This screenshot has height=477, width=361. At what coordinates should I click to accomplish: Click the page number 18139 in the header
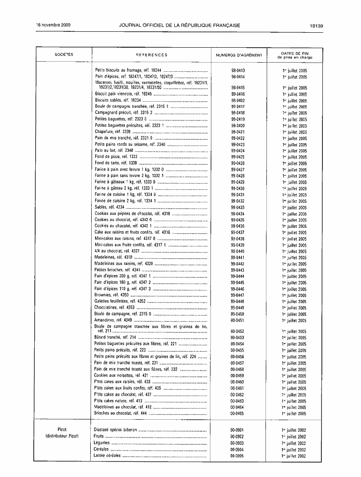[x=317, y=26]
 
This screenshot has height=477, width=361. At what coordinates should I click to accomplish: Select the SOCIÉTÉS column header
[x=64, y=55]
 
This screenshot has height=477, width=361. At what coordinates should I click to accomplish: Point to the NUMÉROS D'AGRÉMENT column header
[x=239, y=55]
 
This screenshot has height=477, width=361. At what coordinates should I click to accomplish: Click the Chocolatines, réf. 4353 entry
[x=114, y=307]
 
